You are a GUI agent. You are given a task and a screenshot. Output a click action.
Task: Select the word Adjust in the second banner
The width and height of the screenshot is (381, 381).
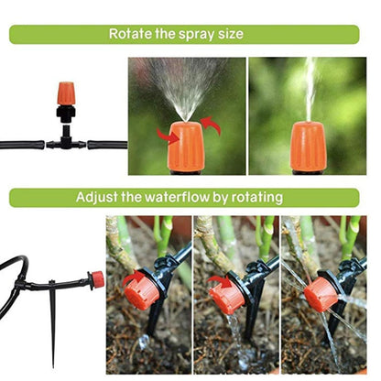[96, 197]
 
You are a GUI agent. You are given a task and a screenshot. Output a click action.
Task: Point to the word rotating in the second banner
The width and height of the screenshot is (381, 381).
[258, 197]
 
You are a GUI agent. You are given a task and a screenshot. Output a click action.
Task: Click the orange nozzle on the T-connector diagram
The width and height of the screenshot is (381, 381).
[66, 93]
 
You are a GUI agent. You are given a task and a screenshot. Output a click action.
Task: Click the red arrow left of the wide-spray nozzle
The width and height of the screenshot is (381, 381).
[168, 136]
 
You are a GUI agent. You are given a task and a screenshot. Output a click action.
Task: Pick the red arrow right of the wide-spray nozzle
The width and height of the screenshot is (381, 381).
[211, 125]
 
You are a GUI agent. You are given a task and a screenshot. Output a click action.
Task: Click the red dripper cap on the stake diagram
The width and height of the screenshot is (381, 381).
[95, 279]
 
